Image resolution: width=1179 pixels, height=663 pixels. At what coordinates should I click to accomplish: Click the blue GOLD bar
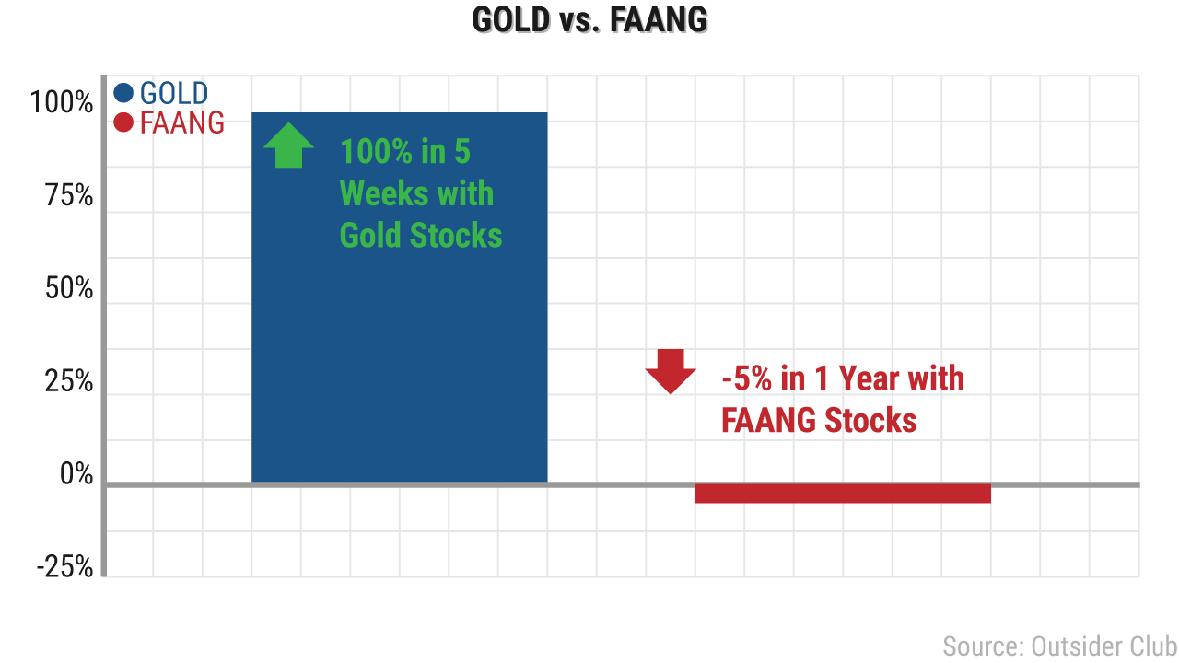(x=400, y=297)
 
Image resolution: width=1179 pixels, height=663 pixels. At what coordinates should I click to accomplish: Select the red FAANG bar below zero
(x=843, y=494)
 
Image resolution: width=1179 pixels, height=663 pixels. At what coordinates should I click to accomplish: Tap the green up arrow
(x=289, y=145)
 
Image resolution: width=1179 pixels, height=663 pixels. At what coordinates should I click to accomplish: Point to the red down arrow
(x=671, y=371)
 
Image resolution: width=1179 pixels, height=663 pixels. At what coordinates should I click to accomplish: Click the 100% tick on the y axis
(x=62, y=102)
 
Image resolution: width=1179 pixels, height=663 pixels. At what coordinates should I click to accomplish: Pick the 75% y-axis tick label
(x=69, y=195)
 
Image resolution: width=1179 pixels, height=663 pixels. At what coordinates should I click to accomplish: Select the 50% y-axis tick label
(x=69, y=288)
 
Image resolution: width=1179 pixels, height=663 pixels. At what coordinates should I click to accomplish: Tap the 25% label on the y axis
(x=69, y=381)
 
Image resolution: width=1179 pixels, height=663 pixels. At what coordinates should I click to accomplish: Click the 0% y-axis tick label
(x=76, y=473)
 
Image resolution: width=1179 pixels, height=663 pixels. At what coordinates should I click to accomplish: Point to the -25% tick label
(x=64, y=566)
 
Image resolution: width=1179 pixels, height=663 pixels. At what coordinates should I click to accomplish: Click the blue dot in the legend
(x=123, y=93)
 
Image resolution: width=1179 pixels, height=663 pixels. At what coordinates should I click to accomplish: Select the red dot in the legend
(x=123, y=122)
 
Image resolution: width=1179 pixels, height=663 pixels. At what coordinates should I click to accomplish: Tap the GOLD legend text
(x=174, y=93)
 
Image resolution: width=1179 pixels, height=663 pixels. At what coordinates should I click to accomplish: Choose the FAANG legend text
(x=182, y=122)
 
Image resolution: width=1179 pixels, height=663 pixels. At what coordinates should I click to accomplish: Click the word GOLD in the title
(x=511, y=20)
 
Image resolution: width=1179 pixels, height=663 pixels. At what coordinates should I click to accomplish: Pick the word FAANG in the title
(x=659, y=20)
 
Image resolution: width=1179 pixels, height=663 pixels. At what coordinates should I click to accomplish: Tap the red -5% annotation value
(x=747, y=378)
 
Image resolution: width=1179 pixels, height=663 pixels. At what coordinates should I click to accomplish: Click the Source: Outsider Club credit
(x=1059, y=646)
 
